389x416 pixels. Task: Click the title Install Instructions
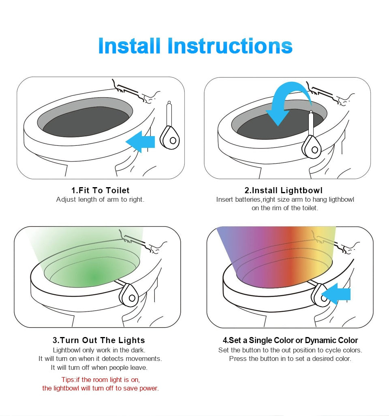195,46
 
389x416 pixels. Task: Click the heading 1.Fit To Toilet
100,190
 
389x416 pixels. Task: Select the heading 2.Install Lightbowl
284,190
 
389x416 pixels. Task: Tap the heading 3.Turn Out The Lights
98,340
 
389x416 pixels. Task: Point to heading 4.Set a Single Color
290,340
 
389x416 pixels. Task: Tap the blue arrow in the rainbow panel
337,294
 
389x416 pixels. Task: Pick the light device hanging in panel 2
313,144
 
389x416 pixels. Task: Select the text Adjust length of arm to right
100,199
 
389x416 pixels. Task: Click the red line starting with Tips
100,380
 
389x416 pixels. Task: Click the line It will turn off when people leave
99,367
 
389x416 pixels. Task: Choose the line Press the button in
290,358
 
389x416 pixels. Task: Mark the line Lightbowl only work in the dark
99,350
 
